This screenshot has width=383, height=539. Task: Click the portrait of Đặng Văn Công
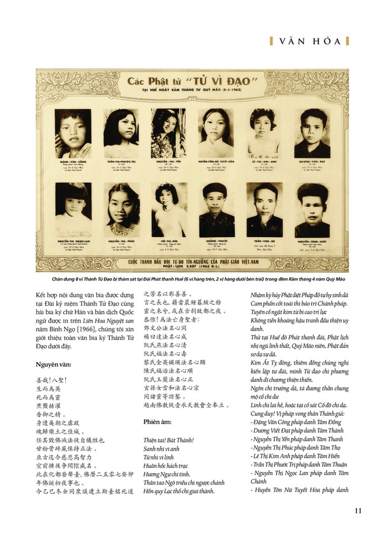(x=72, y=133)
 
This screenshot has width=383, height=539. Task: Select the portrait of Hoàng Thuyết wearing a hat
(x=217, y=209)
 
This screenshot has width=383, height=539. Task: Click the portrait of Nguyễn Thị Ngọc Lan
(x=73, y=209)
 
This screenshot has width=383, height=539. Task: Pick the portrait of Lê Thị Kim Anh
(x=264, y=133)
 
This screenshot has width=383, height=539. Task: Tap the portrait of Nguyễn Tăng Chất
(x=312, y=209)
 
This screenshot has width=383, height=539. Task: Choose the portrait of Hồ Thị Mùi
(x=169, y=209)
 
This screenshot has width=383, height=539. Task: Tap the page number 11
(x=358, y=511)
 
